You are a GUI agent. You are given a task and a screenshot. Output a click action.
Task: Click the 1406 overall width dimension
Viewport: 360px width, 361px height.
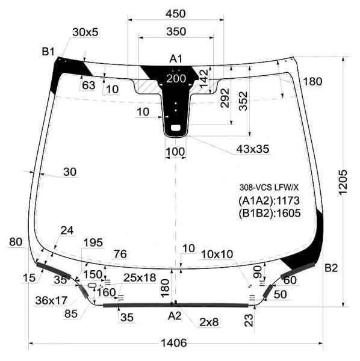coord(173,343)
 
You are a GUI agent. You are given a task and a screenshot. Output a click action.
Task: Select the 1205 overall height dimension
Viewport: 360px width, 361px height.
coord(343,183)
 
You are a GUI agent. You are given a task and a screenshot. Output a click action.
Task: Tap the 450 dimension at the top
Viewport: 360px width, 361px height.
coord(175,14)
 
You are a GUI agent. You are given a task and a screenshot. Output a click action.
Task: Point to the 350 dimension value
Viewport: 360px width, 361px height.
coord(176,31)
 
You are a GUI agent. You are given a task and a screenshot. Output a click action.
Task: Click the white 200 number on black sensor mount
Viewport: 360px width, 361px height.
coord(176,78)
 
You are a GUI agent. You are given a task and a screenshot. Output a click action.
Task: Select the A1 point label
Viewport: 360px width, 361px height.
coord(176,59)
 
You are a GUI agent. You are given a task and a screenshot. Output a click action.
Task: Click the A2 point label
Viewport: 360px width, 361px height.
coord(175,316)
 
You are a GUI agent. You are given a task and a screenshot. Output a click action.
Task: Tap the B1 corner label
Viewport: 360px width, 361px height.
coord(48,51)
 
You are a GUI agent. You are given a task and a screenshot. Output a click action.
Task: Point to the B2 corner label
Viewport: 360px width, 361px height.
coord(331,268)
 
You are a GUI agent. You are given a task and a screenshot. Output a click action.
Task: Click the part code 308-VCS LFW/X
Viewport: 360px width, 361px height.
coord(268,188)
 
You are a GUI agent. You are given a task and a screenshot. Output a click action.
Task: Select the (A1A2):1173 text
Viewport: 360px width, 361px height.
coord(269,200)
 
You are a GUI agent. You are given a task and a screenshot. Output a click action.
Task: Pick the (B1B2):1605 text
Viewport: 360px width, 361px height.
coord(270,213)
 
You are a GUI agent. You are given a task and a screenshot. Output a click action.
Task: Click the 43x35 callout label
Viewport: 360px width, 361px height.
coord(253,149)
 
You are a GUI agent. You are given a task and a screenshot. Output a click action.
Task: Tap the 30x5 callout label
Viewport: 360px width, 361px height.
coord(85,32)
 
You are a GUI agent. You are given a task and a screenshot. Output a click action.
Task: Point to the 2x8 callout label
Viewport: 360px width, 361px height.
coord(209,322)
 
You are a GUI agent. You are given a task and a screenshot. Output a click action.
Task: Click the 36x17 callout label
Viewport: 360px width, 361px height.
coord(51,300)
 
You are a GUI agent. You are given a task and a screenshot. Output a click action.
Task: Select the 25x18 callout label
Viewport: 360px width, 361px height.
coord(140,277)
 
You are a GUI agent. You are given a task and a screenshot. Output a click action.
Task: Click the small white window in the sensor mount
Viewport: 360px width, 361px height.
coord(176,128)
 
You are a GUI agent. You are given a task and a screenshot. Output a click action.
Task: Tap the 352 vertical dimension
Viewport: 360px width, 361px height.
coord(243,101)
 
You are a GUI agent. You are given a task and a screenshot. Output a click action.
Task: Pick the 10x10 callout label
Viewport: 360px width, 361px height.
coord(217,254)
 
